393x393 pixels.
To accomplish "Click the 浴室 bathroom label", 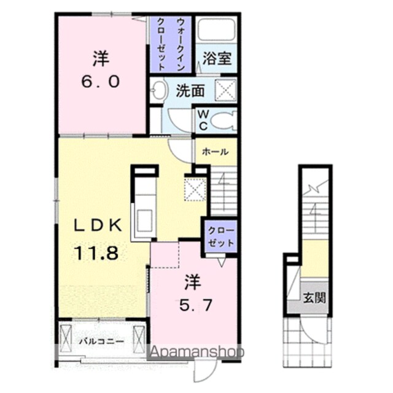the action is (x=217, y=58).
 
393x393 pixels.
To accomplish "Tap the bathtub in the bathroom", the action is (x=216, y=29).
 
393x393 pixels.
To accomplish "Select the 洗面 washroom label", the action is (x=190, y=91).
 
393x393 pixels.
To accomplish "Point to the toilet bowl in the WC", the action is (x=224, y=121).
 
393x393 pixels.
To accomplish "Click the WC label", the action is (x=203, y=120).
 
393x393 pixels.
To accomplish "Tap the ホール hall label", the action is (x=216, y=152).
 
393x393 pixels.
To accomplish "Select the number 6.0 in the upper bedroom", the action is (x=100, y=82).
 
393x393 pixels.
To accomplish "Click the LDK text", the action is (x=98, y=225).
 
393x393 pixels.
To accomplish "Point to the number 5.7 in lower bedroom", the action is (x=196, y=305).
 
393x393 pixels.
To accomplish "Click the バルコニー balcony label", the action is (x=101, y=341).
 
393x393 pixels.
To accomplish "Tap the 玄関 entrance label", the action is (x=314, y=298).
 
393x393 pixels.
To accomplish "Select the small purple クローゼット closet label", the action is (x=221, y=236).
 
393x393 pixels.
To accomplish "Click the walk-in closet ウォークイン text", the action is (x=180, y=44).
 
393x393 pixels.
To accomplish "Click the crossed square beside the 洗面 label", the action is (x=226, y=90).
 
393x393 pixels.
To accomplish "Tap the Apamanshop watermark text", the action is (x=197, y=352).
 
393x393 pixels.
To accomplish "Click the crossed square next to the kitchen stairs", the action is (x=195, y=189).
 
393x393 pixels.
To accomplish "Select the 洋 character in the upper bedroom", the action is (x=101, y=59).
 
